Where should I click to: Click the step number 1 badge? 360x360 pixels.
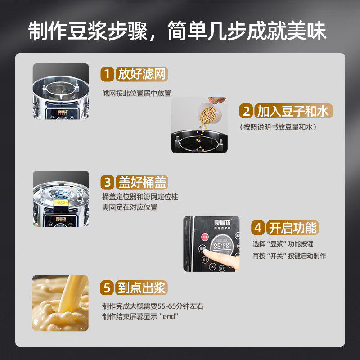pyautogui.click(x=107, y=73)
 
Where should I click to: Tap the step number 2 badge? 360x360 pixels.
pyautogui.click(x=246, y=111)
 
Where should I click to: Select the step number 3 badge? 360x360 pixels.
pyautogui.click(x=107, y=182)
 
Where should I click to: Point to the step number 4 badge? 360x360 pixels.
pyautogui.click(x=258, y=227)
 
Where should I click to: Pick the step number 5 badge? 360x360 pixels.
pyautogui.click(x=107, y=288)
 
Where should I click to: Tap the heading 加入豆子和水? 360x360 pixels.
pyautogui.click(x=292, y=111)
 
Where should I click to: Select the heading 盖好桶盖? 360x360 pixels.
pyautogui.click(x=142, y=182)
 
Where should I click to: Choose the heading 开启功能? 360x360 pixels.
pyautogui.click(x=292, y=227)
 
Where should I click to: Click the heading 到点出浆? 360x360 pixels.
pyautogui.click(x=142, y=288)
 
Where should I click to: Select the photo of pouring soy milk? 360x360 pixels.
pyautogui.click(x=60, y=302)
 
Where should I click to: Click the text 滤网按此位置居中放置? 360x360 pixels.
pyautogui.click(x=136, y=93)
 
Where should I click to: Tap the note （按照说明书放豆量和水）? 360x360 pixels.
pyautogui.click(x=278, y=127)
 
